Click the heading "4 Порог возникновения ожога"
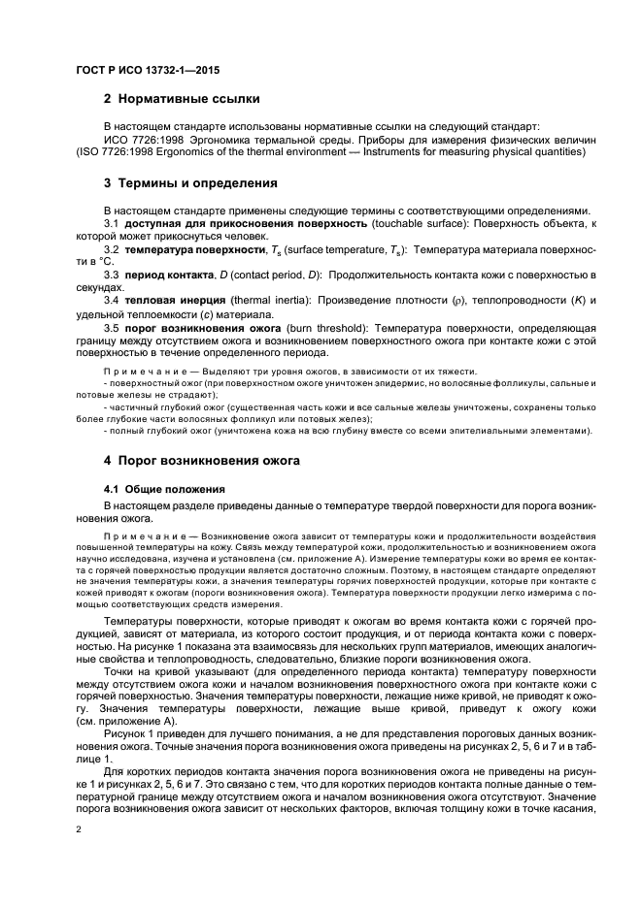click(x=202, y=459)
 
